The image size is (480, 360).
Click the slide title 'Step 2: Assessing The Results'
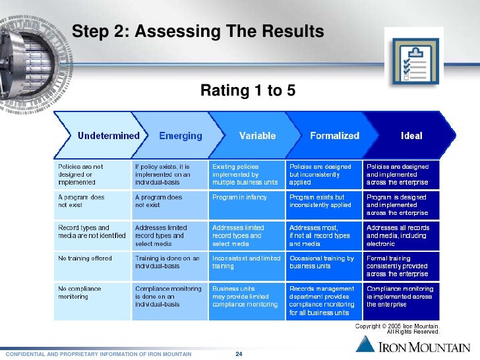point(197,31)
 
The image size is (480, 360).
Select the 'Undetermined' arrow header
point(108,136)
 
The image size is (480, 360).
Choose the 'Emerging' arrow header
point(180,136)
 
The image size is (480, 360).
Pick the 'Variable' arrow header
point(257,136)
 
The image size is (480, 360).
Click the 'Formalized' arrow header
point(334,136)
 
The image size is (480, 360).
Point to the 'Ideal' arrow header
point(411,136)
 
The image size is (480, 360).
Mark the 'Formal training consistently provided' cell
point(401,266)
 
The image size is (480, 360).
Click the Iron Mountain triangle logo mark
point(367,344)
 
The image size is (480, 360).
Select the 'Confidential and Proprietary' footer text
point(98,355)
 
